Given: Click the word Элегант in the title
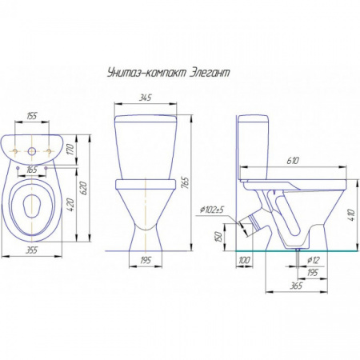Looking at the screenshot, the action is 210,73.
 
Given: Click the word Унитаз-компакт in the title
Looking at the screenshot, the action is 146,73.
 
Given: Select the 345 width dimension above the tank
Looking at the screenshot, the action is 146,98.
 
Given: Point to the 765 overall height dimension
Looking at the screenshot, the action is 186,182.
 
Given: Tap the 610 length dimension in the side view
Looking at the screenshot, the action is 293,161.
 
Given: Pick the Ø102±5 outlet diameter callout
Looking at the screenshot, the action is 211,210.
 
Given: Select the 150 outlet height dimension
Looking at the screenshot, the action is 218,237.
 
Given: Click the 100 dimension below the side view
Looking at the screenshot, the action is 244,260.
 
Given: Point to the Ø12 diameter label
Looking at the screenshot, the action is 313,260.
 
